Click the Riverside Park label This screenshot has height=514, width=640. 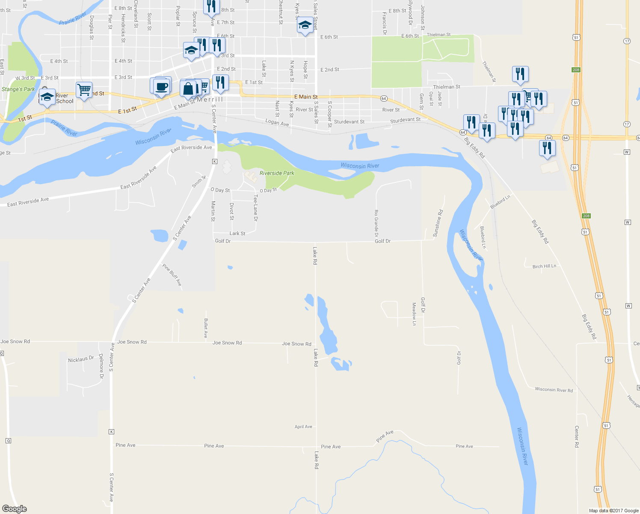pos(277,173)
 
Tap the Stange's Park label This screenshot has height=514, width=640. pos(18,89)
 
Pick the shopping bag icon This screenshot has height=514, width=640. pos(188,89)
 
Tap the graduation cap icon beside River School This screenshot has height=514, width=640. pos(47,97)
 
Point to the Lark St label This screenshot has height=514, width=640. pos(237,233)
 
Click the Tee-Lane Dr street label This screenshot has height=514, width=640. pos(255,208)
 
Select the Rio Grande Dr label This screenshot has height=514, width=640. pos(376,223)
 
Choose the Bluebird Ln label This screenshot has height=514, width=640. pos(500,202)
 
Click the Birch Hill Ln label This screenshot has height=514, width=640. pos(544,266)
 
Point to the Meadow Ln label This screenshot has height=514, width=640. pos(414,314)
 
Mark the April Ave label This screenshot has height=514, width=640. pos(303,427)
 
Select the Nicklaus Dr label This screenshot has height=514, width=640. pos(81,359)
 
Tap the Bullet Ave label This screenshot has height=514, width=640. pos(206,328)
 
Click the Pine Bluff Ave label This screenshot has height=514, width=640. pos(172,275)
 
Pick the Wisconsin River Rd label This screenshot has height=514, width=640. pos(554,390)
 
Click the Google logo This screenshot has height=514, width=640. pos(15,508)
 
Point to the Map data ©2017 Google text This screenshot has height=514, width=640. pos(613,511)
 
